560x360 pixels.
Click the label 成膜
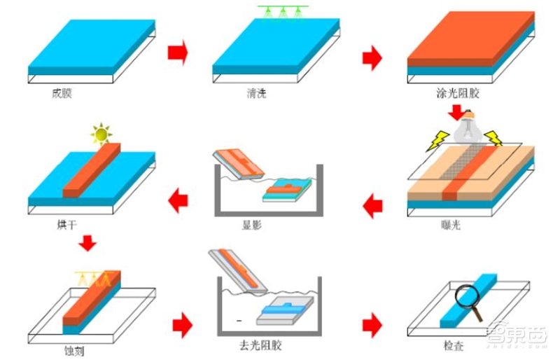click(x=62, y=93)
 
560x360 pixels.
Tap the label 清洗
click(x=256, y=93)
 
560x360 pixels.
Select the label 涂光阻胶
click(x=458, y=93)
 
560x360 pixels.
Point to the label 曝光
click(x=451, y=225)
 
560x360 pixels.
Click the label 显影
click(x=252, y=225)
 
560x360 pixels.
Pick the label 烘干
click(x=66, y=225)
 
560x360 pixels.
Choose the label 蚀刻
click(x=74, y=351)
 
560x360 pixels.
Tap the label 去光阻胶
click(x=260, y=345)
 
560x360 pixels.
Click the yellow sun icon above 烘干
click(x=101, y=134)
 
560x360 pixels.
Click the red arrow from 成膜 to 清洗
click(x=178, y=53)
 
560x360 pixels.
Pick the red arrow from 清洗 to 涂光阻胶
click(x=372, y=57)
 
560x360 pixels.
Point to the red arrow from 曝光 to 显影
click(x=372, y=205)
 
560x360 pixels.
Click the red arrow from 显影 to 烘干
click(x=178, y=201)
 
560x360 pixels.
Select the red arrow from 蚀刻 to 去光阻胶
click(x=183, y=325)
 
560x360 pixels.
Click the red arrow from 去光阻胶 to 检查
click(x=372, y=325)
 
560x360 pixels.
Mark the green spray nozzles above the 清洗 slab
click(x=283, y=13)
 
